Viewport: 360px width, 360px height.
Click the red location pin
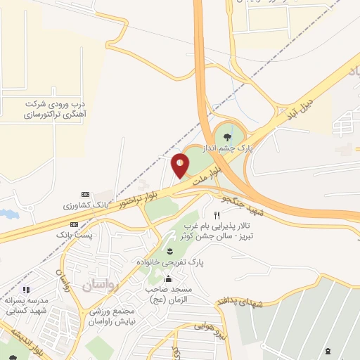pyautogui.click(x=181, y=166)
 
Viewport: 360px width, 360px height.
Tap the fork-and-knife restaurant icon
pyautogui.click(x=217, y=214)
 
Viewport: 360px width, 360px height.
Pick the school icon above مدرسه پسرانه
pyautogui.click(x=26, y=289)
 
